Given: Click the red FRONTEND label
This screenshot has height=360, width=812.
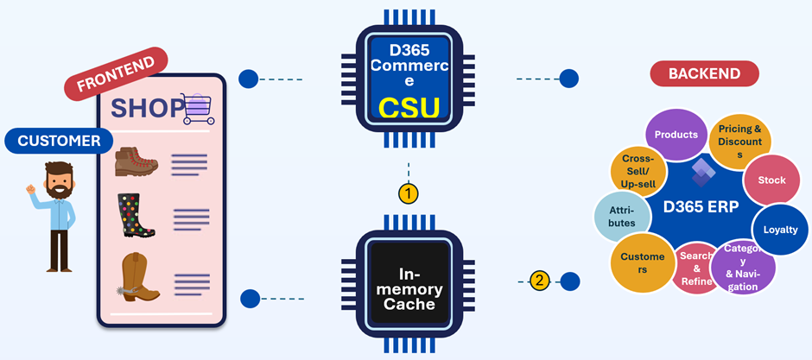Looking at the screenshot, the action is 116,73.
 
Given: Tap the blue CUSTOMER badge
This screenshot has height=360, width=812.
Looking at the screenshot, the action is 59,141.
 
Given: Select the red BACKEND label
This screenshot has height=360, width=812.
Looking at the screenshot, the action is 704,73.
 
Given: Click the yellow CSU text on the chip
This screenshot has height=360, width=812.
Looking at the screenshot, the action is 409,108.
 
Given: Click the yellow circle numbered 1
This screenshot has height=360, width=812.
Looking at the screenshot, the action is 408,194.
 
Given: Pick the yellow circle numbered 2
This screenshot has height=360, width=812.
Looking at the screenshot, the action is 539,281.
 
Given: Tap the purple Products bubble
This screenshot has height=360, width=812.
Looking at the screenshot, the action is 676,135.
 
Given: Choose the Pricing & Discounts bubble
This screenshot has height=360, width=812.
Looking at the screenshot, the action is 739,142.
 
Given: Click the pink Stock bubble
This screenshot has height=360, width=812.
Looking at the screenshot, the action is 771,180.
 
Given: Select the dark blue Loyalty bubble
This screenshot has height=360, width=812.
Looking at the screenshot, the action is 780,230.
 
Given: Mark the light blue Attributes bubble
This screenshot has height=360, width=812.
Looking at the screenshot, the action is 622,218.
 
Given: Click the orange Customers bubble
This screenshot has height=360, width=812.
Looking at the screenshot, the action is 643,262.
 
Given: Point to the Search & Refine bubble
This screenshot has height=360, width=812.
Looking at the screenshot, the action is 696,268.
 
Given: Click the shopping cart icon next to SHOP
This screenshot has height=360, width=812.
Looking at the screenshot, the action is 199,109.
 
